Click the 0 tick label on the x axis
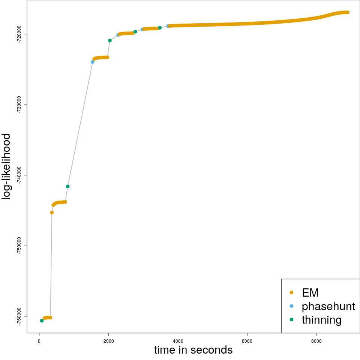[39, 341]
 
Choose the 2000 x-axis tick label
[108, 341]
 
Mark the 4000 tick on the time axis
[178, 341]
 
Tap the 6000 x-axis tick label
[247, 341]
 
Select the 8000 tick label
[316, 341]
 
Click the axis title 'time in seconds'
[193, 350]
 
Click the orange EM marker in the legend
[291, 292]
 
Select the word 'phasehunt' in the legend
[328, 306]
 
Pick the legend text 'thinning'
[321, 320]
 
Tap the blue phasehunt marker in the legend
[291, 306]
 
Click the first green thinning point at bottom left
[42, 321]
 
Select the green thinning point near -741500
[67, 186]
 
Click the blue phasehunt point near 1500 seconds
[93, 62]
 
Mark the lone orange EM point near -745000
[52, 213]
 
